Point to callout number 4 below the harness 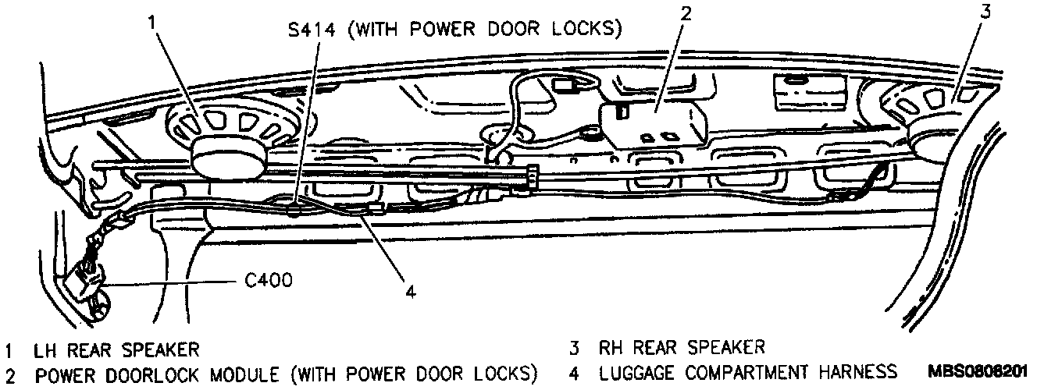(411, 291)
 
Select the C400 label (269, 279)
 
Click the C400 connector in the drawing (89, 282)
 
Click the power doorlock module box (653, 122)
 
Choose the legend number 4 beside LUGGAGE (574, 372)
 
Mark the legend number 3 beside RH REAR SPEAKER (574, 346)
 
